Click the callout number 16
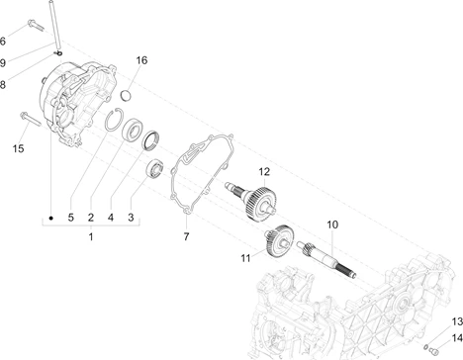141,60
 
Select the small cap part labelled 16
126,95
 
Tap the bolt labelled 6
36,26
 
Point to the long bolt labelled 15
31,119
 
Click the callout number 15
19,148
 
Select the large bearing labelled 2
133,130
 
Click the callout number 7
186,236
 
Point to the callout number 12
264,172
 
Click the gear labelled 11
279,241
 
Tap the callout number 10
332,225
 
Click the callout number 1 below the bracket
91,236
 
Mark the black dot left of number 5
50,218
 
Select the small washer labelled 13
425,346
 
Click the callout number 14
457,338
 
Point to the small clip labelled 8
58,53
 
